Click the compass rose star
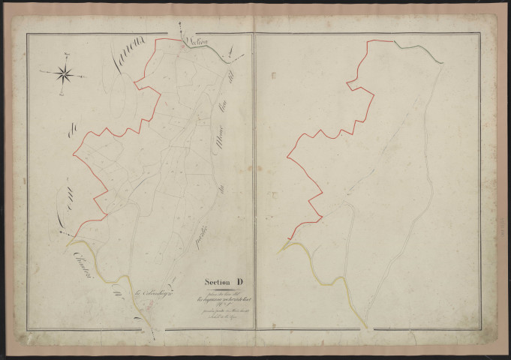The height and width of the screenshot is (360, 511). (64, 73)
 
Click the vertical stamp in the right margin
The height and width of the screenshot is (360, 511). (501, 217)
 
